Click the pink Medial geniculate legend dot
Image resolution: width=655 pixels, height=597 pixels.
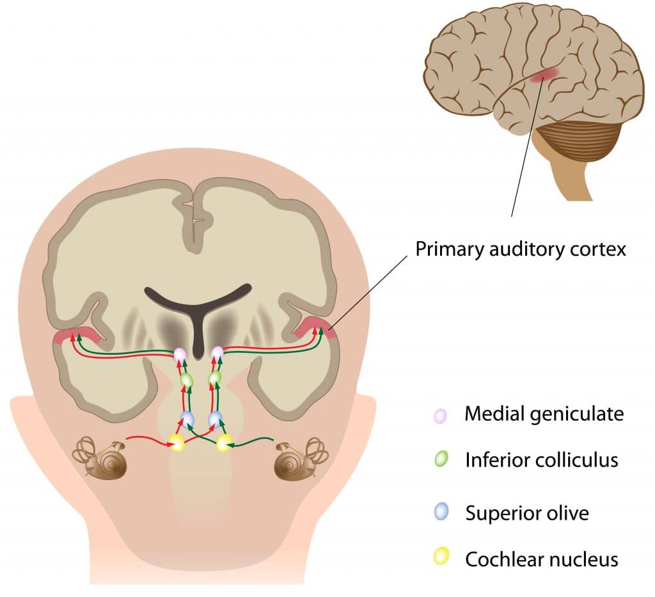click(x=440, y=415)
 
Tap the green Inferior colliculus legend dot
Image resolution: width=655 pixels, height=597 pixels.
click(x=440, y=459)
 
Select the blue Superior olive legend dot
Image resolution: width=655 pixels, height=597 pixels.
click(x=440, y=511)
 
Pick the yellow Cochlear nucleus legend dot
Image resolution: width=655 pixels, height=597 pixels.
click(x=440, y=557)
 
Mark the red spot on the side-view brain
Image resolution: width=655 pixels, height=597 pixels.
click(x=544, y=76)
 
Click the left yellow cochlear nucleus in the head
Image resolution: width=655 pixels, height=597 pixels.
click(x=176, y=442)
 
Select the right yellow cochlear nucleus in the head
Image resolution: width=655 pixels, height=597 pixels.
click(x=225, y=442)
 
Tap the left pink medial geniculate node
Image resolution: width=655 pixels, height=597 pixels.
click(x=180, y=353)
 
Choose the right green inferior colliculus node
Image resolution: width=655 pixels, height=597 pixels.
click(x=215, y=378)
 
